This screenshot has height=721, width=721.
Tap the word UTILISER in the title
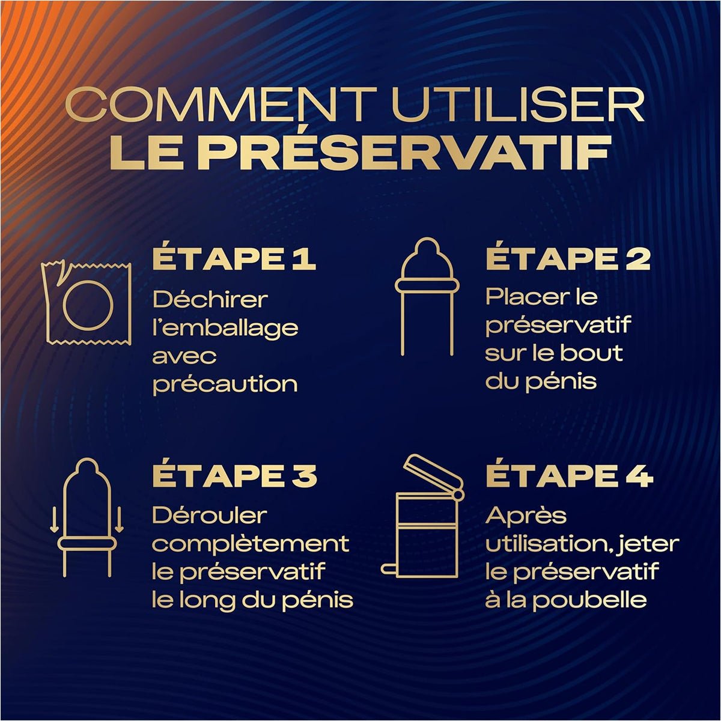click(518, 105)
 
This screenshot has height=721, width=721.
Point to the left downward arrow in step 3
click(55, 519)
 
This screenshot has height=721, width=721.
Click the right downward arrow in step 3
click(120, 519)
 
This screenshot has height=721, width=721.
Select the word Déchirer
click(210, 299)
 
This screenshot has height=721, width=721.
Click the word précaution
click(225, 385)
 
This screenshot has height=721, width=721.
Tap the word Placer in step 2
click(527, 297)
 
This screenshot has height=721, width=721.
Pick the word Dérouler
click(210, 516)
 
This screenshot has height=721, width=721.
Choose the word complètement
click(251, 544)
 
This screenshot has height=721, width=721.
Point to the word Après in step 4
click(526, 517)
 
